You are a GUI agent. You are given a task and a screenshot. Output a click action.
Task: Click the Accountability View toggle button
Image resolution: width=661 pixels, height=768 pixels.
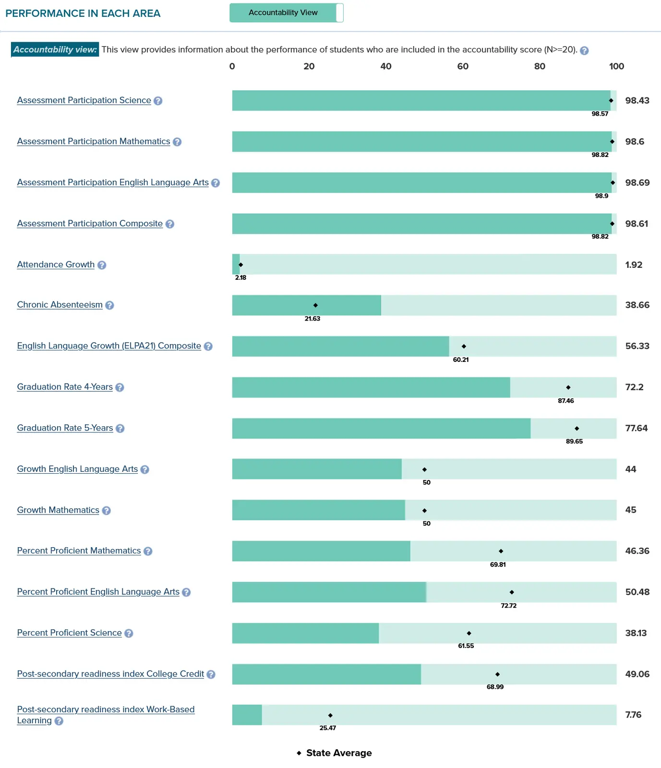pos(286,12)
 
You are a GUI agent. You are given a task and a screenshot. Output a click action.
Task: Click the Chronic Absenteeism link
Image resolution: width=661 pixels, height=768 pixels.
pos(60,305)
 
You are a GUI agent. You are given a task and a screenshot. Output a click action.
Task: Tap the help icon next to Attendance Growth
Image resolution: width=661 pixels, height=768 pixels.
pos(102,265)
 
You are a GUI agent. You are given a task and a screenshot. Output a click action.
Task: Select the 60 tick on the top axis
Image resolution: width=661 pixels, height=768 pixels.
pos(463,66)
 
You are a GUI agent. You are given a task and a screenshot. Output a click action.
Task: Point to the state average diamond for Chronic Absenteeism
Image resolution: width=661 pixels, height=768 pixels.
pos(315,305)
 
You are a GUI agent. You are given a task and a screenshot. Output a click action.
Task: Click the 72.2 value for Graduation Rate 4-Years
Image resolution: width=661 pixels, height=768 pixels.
pos(634,387)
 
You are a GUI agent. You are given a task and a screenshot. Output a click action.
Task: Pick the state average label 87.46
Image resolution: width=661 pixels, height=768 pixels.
pos(565,401)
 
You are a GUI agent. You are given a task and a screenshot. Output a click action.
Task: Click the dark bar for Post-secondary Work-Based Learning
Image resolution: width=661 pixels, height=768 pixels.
pos(247,715)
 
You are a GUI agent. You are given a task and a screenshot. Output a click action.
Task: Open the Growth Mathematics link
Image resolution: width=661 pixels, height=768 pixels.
pos(58,510)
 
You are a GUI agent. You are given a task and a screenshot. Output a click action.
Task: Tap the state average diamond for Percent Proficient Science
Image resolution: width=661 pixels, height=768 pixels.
pos(469,633)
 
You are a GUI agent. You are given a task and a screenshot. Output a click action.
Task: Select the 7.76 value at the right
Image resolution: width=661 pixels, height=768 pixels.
pos(633,715)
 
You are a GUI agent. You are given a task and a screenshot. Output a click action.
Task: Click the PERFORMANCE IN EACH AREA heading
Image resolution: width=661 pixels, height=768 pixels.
pos(83,13)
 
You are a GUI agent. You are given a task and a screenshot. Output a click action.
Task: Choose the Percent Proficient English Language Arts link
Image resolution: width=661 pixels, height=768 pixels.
pos(98,592)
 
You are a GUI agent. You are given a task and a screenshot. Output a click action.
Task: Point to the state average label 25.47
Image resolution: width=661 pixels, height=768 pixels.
pos(327,728)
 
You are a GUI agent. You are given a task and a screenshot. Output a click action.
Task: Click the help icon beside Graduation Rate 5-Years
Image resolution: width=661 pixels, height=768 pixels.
pos(120,428)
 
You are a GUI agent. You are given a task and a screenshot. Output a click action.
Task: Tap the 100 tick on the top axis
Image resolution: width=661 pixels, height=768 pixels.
pos(616,66)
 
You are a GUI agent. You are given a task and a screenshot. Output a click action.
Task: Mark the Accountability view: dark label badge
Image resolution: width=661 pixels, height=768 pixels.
pos(55,49)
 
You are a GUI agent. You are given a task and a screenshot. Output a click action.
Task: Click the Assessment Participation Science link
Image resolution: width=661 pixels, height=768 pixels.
pos(84,100)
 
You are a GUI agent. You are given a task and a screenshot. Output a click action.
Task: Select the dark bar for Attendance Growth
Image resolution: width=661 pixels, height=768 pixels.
pos(236,264)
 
